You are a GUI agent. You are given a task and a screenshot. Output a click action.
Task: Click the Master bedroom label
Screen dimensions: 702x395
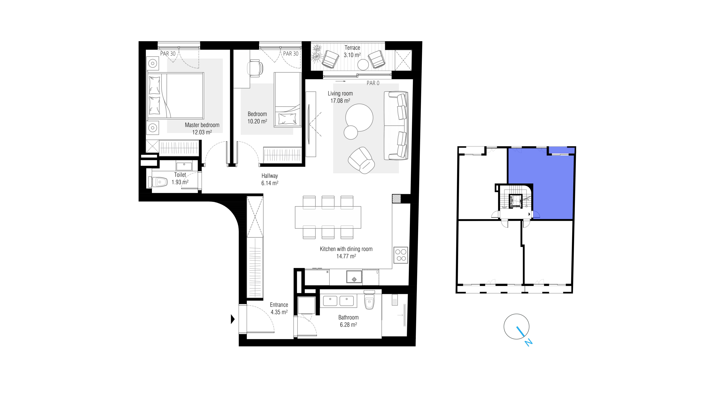[202, 125]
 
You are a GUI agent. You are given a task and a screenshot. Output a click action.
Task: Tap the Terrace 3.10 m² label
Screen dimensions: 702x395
[352, 51]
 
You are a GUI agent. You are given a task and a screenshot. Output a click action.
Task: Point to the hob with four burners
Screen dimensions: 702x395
[401, 255]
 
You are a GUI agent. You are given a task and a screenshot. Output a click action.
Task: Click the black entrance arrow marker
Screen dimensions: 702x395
[233, 319]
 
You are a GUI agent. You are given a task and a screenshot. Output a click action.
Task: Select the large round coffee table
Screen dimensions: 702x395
[359, 118]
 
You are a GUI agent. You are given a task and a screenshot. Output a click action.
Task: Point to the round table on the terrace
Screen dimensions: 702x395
[363, 65]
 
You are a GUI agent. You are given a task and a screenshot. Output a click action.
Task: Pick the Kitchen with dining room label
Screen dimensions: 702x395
[346, 249]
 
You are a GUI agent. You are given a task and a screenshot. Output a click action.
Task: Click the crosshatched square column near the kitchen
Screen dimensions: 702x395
[396, 198]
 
